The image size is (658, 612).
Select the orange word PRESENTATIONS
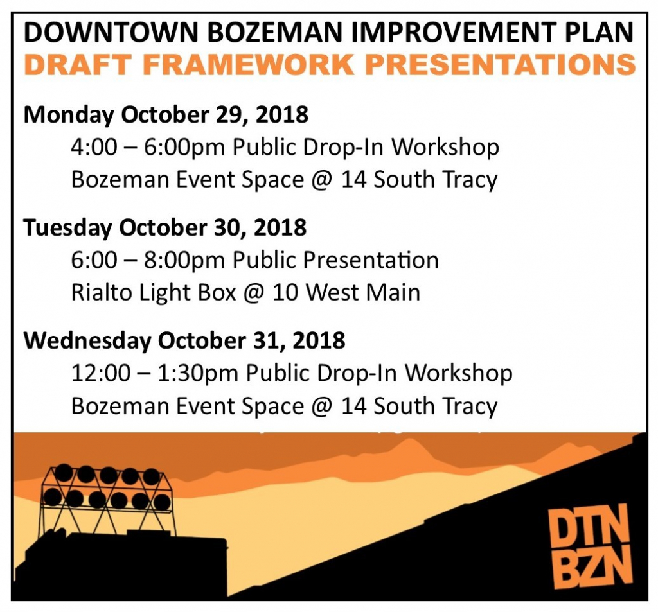[x=500, y=65]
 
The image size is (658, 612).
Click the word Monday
[x=69, y=116]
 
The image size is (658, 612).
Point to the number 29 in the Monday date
[x=231, y=114]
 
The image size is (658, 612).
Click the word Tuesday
[x=68, y=228]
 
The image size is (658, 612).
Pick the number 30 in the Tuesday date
[x=228, y=227]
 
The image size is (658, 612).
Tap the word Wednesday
[x=87, y=340]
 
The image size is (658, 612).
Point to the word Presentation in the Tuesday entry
[x=371, y=260]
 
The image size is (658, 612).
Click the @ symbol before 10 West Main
[x=254, y=293]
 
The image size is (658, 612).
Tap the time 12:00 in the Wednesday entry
[x=101, y=373]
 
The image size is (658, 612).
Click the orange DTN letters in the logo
[x=589, y=523]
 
